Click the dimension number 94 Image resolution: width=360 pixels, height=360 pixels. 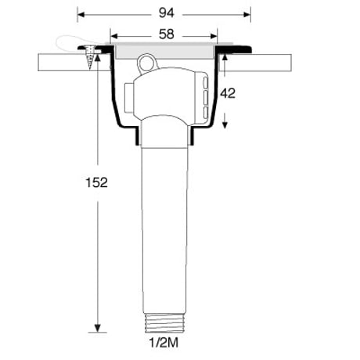[167, 13]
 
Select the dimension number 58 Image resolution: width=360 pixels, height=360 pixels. [167, 34]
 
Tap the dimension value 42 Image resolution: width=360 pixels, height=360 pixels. [228, 93]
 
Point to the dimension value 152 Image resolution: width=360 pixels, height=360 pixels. [96, 182]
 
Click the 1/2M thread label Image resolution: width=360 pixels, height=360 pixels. [164, 343]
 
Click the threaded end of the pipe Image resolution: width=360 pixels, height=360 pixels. [164, 323]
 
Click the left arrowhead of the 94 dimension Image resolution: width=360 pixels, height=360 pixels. [81, 15]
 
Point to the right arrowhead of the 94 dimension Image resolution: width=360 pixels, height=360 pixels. [247, 15]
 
